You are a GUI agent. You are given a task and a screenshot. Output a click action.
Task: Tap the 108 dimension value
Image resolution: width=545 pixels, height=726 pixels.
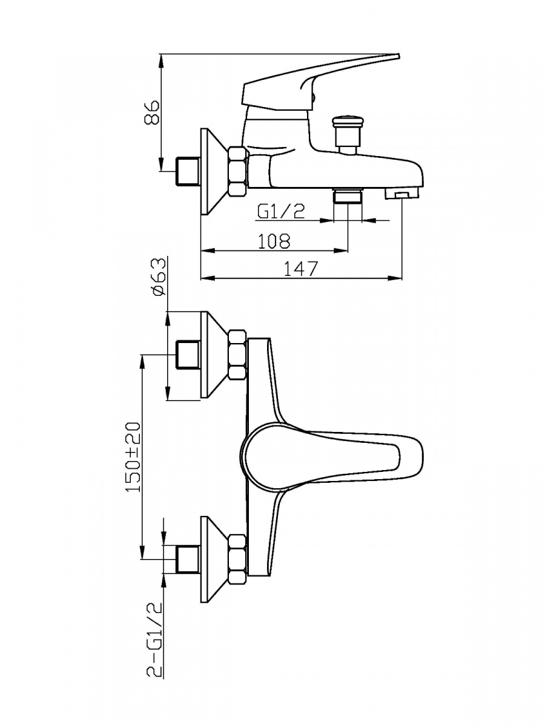[x=274, y=241]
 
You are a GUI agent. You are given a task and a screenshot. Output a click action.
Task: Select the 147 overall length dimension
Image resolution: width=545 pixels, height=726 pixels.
[x=301, y=269]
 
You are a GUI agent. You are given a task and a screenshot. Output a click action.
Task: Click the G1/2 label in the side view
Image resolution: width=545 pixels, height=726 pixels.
[x=280, y=211]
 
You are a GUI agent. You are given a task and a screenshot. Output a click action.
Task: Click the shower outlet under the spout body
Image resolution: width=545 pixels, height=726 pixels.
[x=348, y=196]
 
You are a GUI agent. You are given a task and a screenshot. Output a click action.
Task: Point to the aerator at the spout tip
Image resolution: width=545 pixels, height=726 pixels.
[x=402, y=194]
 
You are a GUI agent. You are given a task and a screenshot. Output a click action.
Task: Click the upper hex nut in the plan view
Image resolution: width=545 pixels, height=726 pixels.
[x=237, y=355]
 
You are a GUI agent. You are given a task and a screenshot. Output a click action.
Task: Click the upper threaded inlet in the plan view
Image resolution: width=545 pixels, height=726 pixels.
[x=187, y=354]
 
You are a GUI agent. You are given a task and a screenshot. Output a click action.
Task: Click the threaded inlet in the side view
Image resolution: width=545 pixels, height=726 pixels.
[x=187, y=171]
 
